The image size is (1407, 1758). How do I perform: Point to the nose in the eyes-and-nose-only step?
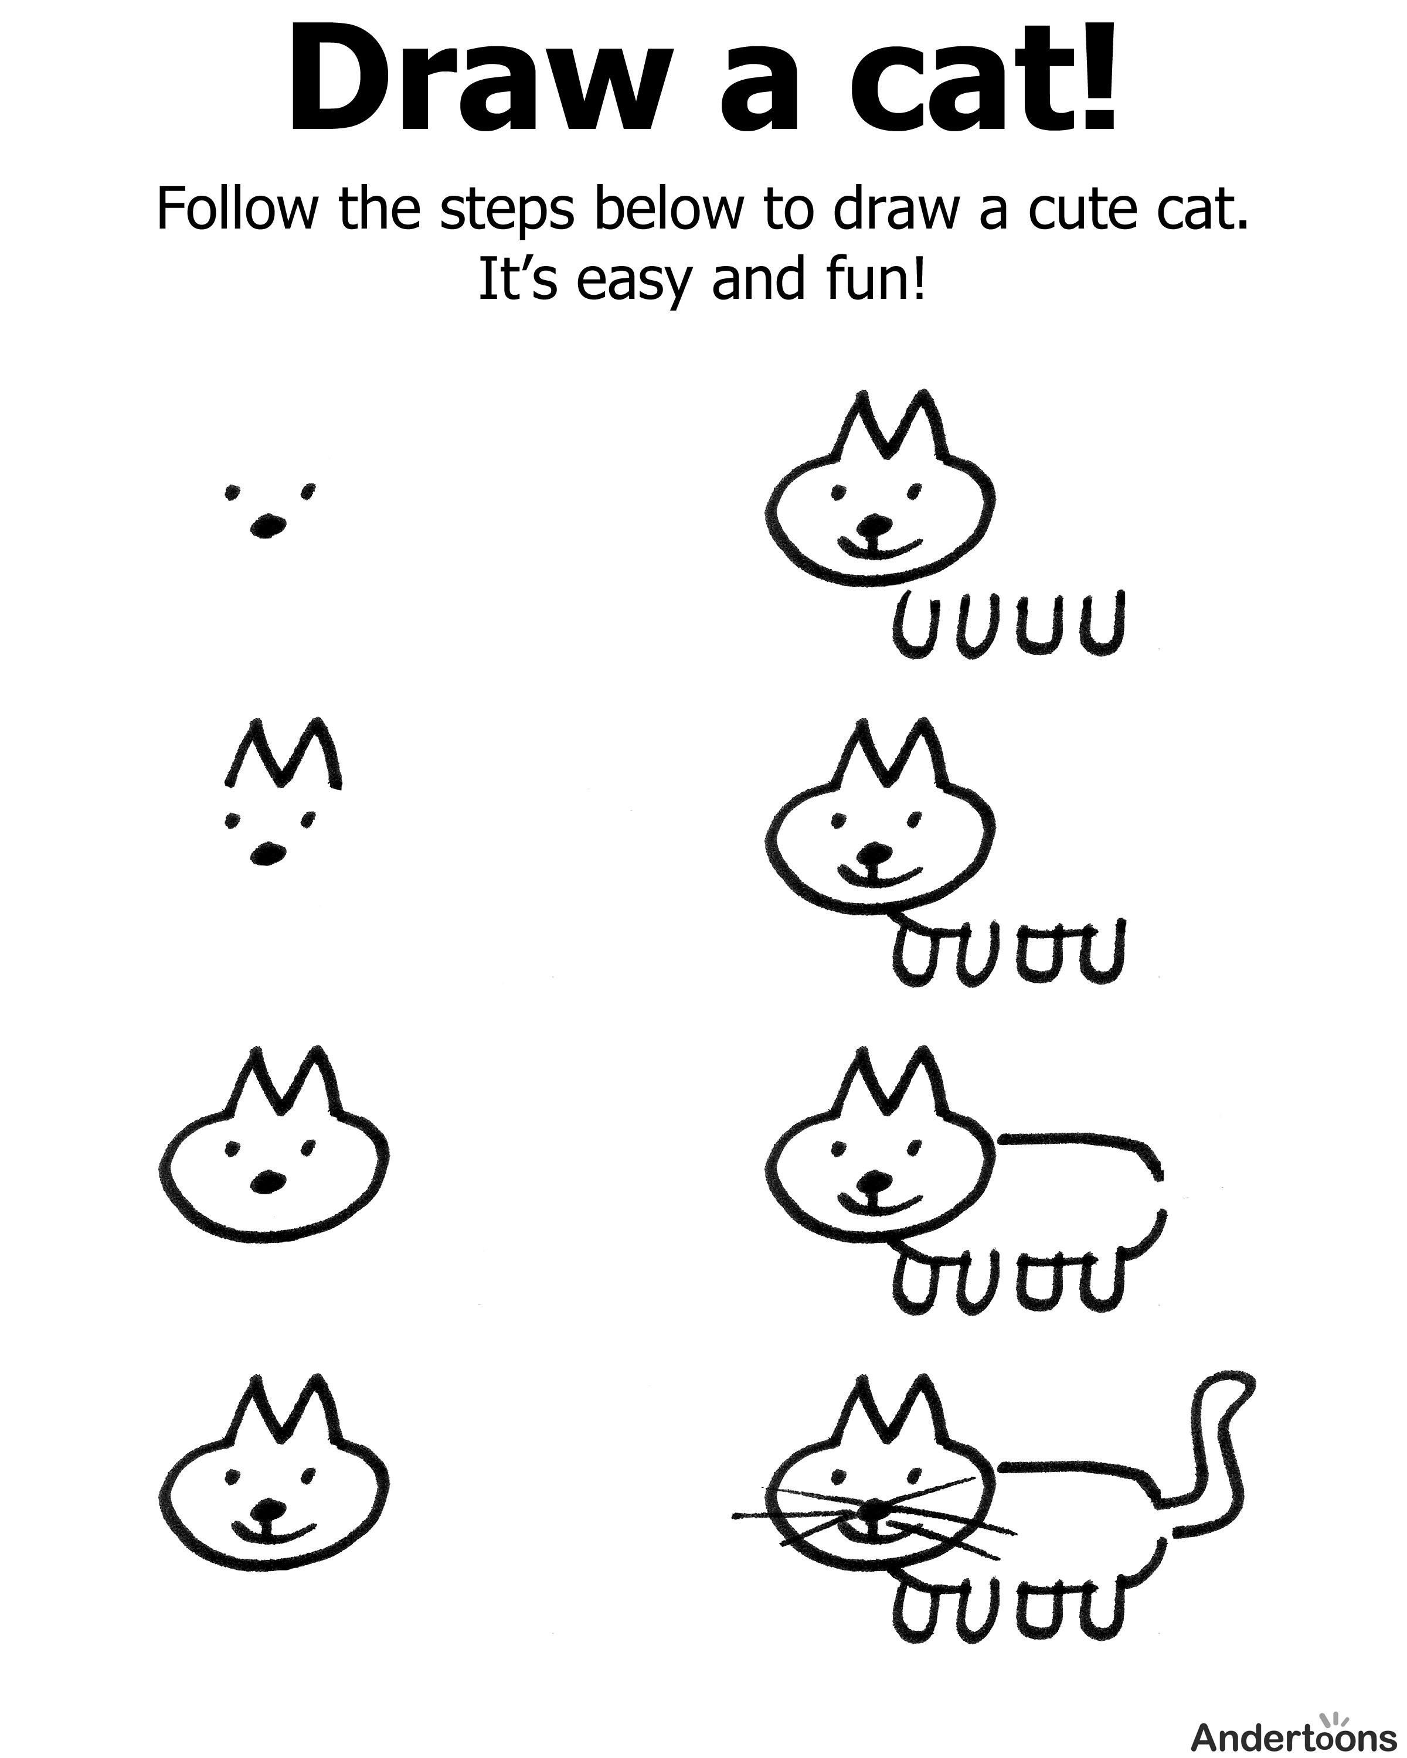click(266, 526)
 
